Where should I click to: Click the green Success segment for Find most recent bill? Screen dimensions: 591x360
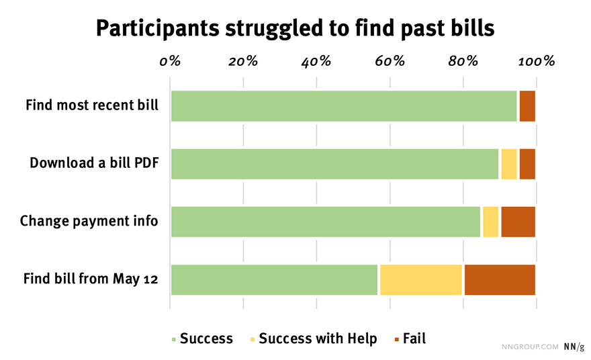click(x=344, y=106)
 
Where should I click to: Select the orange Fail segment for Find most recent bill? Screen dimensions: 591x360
click(x=527, y=106)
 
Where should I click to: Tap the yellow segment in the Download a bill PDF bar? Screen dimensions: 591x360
click(x=509, y=164)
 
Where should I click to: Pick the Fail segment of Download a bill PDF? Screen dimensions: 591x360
click(x=527, y=164)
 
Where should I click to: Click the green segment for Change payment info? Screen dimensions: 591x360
click(x=326, y=222)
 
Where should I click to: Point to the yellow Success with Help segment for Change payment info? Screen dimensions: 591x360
click(x=491, y=222)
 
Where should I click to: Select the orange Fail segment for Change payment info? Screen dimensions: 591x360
click(x=518, y=222)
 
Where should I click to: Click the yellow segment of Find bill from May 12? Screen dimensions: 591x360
click(x=421, y=279)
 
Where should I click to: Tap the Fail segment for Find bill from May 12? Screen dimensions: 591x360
click(x=500, y=279)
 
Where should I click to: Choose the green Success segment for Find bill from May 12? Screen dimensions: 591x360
click(x=275, y=279)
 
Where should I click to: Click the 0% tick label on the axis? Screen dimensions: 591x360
click(x=170, y=61)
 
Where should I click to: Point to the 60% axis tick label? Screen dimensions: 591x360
click(x=390, y=61)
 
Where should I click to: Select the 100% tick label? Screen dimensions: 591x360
click(x=537, y=61)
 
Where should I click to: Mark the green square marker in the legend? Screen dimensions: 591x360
click(x=174, y=340)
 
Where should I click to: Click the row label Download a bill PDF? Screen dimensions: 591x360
click(x=94, y=163)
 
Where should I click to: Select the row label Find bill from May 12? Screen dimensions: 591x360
click(x=91, y=279)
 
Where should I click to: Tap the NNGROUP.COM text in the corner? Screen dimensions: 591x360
click(x=530, y=347)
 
